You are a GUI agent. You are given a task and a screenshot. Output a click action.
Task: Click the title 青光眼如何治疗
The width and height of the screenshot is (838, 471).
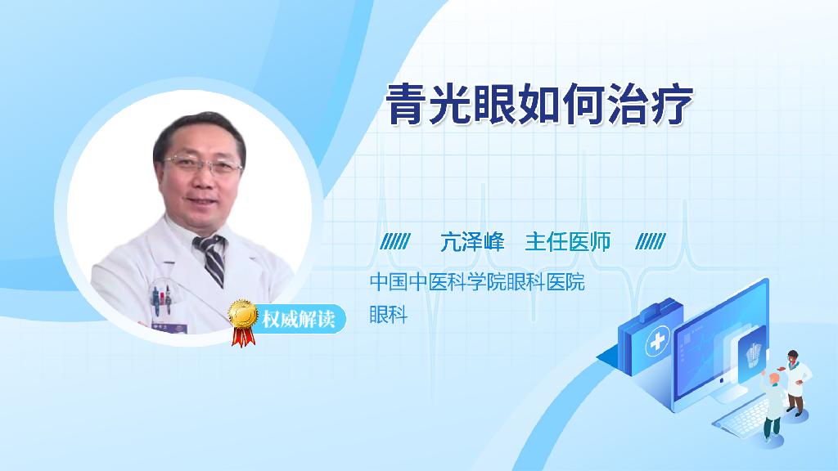pyautogui.click(x=540, y=104)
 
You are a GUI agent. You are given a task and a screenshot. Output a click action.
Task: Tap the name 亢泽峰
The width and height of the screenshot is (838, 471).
pyautogui.click(x=472, y=242)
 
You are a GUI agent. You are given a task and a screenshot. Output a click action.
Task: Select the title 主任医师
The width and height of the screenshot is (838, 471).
pyautogui.click(x=568, y=242)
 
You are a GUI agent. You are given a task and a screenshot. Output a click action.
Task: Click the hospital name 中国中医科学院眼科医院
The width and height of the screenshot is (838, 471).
pyautogui.click(x=477, y=281)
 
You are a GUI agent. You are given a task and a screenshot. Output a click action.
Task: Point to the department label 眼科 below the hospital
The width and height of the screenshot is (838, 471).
pyautogui.click(x=389, y=315)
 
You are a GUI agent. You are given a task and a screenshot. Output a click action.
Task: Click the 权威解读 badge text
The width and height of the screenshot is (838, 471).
pyautogui.click(x=298, y=319)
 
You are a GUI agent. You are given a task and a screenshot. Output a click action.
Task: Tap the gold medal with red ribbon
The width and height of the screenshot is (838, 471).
pyautogui.click(x=243, y=322)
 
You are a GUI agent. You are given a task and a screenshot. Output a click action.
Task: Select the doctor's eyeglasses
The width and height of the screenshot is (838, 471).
pyautogui.click(x=203, y=165)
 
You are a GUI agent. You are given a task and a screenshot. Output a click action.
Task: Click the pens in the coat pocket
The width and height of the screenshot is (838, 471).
pyautogui.click(x=161, y=299)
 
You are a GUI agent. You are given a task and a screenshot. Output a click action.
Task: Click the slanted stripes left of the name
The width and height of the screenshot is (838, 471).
pyautogui.click(x=395, y=241)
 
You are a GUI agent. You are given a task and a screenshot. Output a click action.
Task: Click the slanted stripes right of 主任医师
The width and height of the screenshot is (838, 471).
pyautogui.click(x=651, y=241)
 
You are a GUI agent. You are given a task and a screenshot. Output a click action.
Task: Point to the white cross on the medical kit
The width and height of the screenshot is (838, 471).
pyautogui.click(x=658, y=342)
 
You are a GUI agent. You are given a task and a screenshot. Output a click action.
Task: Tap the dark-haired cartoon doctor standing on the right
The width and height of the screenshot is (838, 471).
pyautogui.click(x=795, y=383)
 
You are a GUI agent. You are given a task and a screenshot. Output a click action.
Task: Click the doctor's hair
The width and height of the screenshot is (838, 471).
pyautogui.click(x=198, y=132)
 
